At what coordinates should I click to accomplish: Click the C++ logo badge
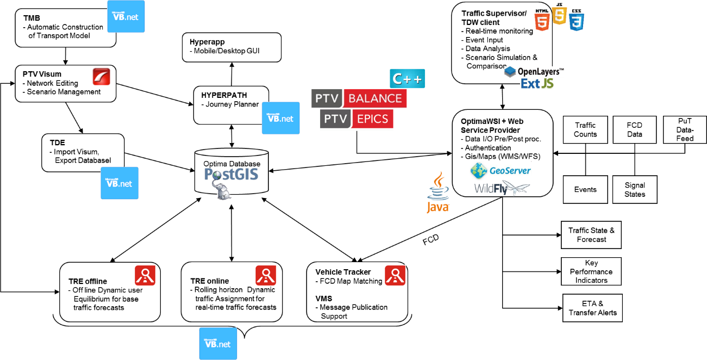pyautogui.click(x=407, y=79)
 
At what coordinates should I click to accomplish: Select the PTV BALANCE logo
pyautogui.click(x=359, y=98)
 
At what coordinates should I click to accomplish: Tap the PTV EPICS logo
pyautogui.click(x=356, y=120)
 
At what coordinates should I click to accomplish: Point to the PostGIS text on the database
pyautogui.click(x=231, y=174)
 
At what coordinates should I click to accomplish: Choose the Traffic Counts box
pyautogui.click(x=585, y=129)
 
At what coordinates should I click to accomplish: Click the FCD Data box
pyautogui.click(x=634, y=129)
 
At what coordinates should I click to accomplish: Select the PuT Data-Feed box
pyautogui.click(x=685, y=129)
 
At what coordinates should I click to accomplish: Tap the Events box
pyautogui.click(x=585, y=190)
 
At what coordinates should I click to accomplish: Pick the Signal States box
pyautogui.click(x=635, y=190)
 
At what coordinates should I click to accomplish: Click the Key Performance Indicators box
pyautogui.click(x=591, y=271)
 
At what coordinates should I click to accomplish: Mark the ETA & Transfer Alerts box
pyautogui.click(x=592, y=308)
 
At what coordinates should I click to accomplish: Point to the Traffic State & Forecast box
pyautogui.click(x=591, y=234)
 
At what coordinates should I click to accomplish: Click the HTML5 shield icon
pyautogui.click(x=542, y=20)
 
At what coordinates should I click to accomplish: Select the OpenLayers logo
pyautogui.click(x=534, y=71)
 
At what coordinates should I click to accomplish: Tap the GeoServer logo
pyautogui.click(x=500, y=170)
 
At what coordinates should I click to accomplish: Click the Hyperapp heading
pyautogui.click(x=207, y=42)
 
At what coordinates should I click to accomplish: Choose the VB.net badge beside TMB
pyautogui.click(x=126, y=16)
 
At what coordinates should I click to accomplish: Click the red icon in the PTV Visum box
pyautogui.click(x=101, y=77)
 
